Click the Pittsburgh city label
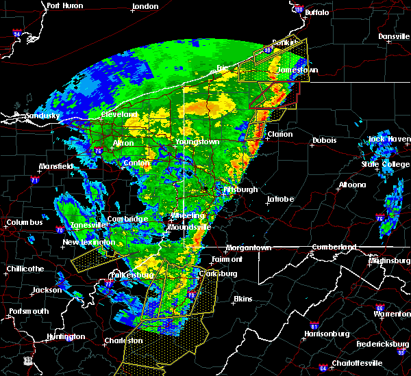coord(241,189)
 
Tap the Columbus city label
coord(25,222)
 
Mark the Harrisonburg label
coord(326,334)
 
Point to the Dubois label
coord(324,140)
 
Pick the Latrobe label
coord(281,199)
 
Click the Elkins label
coord(242,299)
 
